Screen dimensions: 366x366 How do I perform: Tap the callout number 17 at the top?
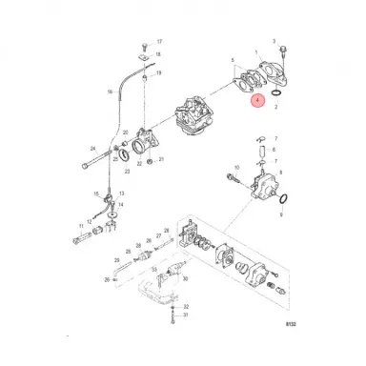159,42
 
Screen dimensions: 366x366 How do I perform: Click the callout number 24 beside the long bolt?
92,148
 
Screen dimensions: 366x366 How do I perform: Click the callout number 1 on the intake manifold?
255,53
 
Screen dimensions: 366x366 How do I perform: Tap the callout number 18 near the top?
159,58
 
